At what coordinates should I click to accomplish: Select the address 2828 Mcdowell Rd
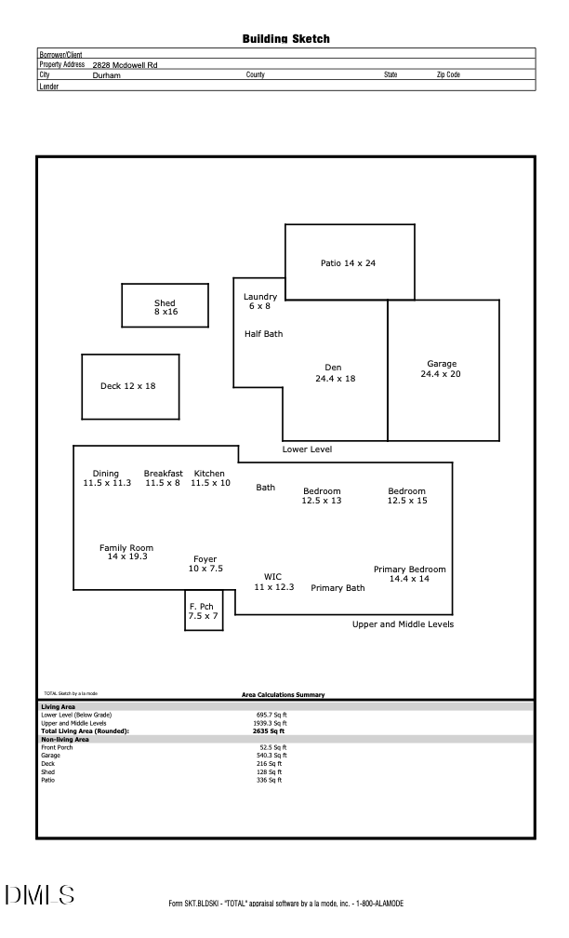125,65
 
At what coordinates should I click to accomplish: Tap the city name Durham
107,74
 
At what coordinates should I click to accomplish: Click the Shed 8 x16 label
165,307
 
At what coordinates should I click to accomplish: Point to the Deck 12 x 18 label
128,386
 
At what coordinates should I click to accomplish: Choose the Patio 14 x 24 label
348,263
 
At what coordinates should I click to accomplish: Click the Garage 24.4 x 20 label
442,368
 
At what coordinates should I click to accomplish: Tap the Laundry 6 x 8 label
259,301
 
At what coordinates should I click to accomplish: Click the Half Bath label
263,334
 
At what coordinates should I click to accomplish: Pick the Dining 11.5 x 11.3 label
107,478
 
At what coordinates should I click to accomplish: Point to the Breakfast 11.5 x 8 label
163,478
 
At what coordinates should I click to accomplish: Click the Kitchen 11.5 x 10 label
210,478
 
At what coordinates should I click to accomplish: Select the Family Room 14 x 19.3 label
126,553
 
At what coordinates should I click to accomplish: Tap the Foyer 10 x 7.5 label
205,564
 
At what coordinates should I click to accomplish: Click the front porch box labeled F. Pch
204,610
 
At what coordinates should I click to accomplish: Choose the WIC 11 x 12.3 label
273,582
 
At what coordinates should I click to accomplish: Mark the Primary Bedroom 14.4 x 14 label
409,574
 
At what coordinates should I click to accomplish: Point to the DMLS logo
39,895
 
